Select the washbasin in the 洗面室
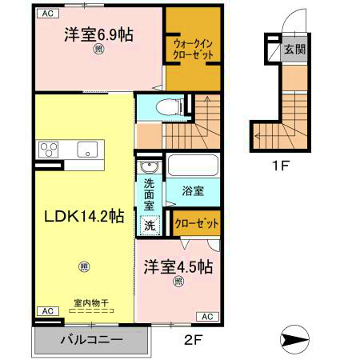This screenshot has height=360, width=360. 149,168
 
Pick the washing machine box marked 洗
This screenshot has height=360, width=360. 150,226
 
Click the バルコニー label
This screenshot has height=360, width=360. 91,340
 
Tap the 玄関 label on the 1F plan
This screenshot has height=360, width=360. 296,50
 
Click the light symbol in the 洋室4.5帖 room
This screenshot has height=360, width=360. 178,281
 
